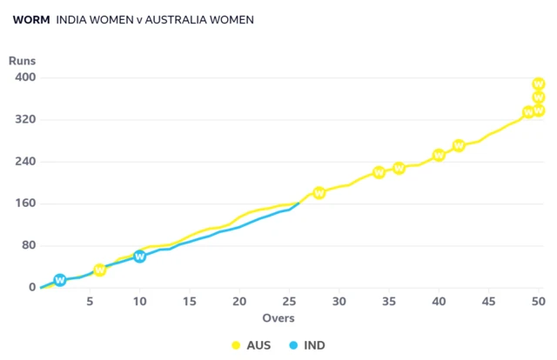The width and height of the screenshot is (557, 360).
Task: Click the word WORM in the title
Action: pos(30,19)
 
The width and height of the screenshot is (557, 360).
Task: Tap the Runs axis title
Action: pos(22,61)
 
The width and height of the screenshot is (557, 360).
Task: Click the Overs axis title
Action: pos(278,317)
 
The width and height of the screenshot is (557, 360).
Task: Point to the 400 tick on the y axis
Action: pos(24,77)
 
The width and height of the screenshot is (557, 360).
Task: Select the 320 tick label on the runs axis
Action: pos(24,119)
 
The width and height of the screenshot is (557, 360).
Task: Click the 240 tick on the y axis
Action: pos(24,162)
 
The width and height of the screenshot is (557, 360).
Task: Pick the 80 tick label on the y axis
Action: pos(28,245)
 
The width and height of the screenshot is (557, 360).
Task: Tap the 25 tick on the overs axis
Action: pos(289,302)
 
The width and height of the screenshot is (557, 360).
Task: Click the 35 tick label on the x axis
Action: pos(389,302)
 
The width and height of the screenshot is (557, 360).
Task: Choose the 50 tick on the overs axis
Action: pos(539,302)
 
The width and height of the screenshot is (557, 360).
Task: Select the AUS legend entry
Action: pos(251,345)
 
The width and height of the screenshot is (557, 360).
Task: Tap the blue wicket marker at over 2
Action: pos(60,280)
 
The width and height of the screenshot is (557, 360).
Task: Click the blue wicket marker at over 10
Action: pos(140,257)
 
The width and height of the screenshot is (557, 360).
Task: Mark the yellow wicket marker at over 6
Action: pos(100,270)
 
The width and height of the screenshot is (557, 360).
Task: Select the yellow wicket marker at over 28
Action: pos(319,193)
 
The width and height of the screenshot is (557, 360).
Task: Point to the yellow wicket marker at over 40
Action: pos(440,156)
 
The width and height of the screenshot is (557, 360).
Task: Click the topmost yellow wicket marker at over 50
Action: pos(539,84)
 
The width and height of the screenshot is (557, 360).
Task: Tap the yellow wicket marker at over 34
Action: pos(379,173)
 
